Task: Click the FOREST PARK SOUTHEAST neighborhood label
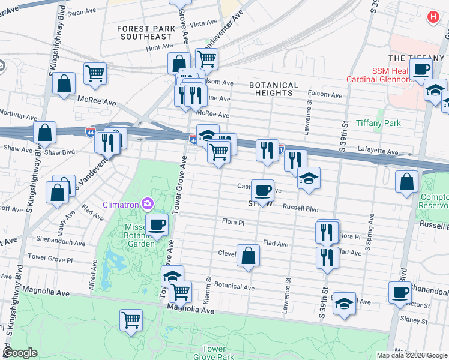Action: (145, 32)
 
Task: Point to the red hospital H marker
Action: (432, 17)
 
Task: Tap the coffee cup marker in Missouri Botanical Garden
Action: (157, 225)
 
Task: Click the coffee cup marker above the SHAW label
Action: (262, 191)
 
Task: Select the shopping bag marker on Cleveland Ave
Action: (248, 256)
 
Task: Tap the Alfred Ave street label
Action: (93, 276)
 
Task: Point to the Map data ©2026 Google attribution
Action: (411, 355)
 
